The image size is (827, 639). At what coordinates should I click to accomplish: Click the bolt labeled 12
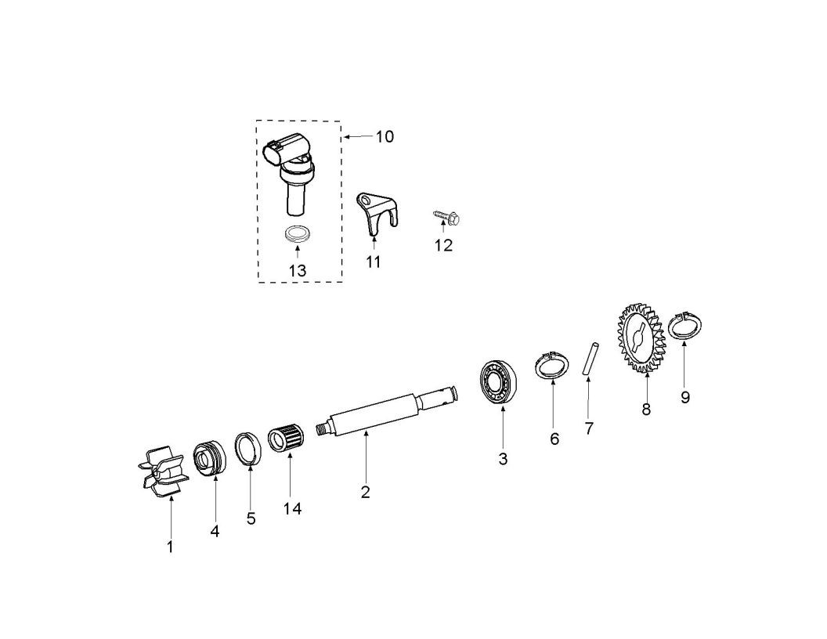445,218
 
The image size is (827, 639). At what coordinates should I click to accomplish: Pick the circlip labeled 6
552,366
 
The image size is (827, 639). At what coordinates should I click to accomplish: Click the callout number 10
384,137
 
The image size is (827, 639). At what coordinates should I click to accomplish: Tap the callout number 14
292,509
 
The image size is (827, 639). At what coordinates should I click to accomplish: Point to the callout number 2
365,493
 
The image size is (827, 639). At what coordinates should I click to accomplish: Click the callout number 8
646,409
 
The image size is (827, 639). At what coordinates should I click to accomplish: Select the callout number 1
169,547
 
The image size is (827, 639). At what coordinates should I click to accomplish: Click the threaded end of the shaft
320,428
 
